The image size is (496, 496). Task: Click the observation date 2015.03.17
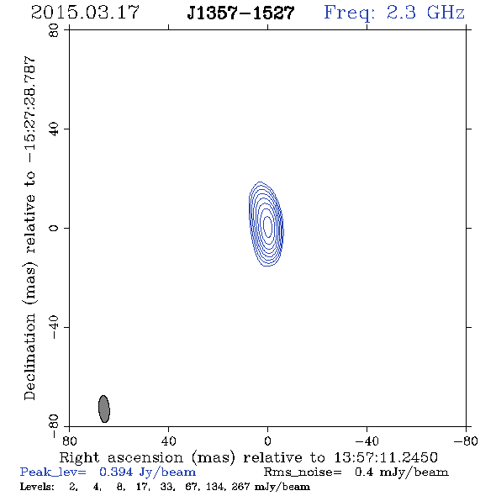pos(85,13)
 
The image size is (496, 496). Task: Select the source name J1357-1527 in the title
pos(240,13)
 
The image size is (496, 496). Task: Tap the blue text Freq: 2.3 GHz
pos(394,13)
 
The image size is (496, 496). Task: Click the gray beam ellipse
pos(104,409)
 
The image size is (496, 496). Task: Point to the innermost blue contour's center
pos(267,226)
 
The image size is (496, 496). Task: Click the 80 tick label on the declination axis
pos(54,30)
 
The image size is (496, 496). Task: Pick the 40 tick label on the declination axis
pos(54,129)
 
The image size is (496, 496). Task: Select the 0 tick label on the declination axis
pos(54,228)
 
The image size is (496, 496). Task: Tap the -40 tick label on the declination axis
pos(54,327)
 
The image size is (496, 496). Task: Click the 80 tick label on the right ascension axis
pos(69,441)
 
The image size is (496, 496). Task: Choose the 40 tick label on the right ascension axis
pos(168,441)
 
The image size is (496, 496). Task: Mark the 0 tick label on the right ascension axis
pos(267,441)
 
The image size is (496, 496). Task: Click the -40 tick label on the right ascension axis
pos(367,441)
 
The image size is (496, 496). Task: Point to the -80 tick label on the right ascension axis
pos(466,441)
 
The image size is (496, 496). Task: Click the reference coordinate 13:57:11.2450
pos(386,457)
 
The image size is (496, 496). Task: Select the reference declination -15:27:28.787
pos(29,110)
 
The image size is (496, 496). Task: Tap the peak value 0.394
pos(116,472)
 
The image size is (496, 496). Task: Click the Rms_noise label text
pos(303,472)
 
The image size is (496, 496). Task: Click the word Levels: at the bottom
pos(37,487)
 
